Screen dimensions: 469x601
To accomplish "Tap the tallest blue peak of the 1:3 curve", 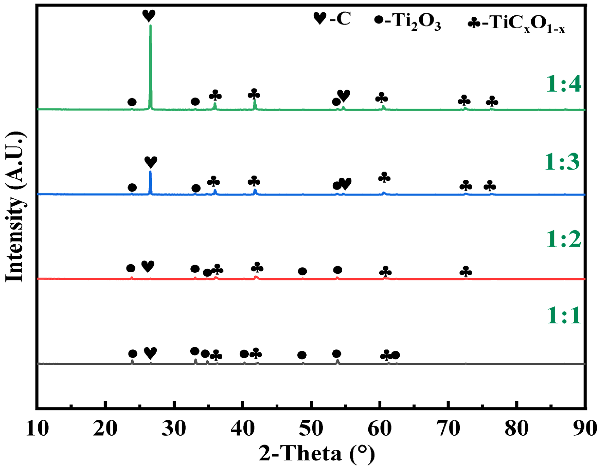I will pos(150,172).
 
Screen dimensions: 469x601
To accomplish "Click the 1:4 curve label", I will pos(563,84).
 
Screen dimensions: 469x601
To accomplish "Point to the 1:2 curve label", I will pos(563,239).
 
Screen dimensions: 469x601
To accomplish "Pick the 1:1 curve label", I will pos(563,315).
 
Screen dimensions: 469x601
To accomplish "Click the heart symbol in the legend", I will pos(320,19).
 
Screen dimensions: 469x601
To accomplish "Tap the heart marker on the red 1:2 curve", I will pos(148,266).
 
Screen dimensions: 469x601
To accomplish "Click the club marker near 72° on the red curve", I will pos(466,272).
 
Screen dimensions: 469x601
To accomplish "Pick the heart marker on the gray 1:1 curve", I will pos(150,353).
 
